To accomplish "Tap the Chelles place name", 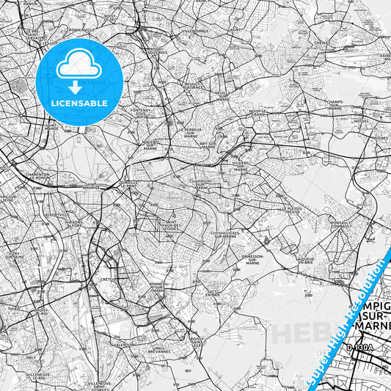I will click(x=320, y=43).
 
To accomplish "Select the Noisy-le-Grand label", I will click(x=257, y=114).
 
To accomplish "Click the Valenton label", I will click(x=123, y=343).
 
